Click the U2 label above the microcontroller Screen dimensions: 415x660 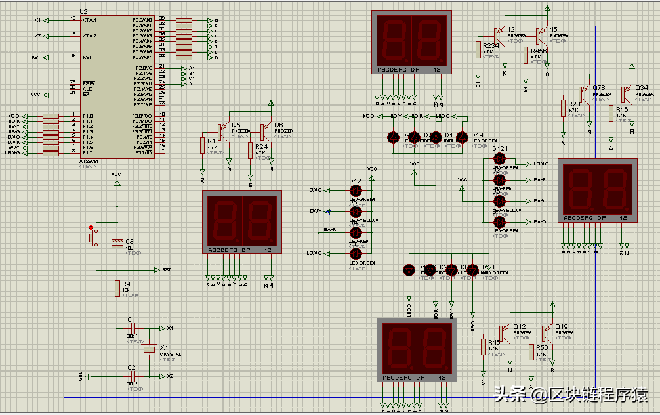[83, 12]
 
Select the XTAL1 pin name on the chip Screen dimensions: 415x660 [89, 20]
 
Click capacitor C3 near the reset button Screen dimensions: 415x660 [117, 244]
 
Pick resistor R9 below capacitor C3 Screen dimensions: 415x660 [117, 288]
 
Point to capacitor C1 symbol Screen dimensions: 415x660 [132, 328]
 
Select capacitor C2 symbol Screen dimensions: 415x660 [132, 376]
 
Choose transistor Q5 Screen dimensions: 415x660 [224, 132]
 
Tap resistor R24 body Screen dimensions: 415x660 [250, 150]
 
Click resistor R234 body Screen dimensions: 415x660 [478, 49]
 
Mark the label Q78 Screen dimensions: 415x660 [599, 87]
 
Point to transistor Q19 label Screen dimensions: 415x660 [562, 326]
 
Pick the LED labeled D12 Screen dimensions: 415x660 [356, 190]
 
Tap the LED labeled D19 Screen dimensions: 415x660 [462, 137]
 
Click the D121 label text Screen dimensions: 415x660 [500, 149]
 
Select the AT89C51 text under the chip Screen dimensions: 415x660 [89, 160]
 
